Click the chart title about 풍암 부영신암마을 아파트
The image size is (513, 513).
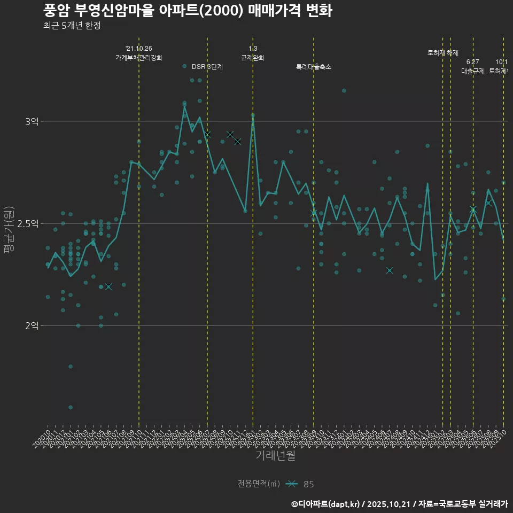[x=188, y=11]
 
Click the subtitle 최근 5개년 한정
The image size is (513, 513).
[x=72, y=26]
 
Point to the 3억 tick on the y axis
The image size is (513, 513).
[x=32, y=122]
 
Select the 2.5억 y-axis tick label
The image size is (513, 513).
[x=28, y=223]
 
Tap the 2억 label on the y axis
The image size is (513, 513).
[x=32, y=325]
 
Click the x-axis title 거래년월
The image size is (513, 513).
[x=275, y=455]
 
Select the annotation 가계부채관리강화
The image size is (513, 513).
[x=139, y=58]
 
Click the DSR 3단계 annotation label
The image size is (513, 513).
[x=207, y=67]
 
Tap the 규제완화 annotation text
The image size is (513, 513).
[x=253, y=58]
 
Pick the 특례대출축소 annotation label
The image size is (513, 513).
[x=314, y=67]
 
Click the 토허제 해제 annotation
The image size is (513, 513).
[x=443, y=53]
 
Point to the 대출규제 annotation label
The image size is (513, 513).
[x=473, y=71]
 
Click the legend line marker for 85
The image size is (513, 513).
[x=291, y=484]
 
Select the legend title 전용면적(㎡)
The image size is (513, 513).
[x=259, y=484]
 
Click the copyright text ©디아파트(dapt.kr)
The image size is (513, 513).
[x=326, y=504]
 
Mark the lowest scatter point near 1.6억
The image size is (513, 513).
[x=71, y=407]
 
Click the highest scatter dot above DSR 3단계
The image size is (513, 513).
[x=184, y=66]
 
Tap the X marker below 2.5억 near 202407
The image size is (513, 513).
[x=390, y=270]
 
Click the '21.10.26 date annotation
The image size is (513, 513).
[x=139, y=49]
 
